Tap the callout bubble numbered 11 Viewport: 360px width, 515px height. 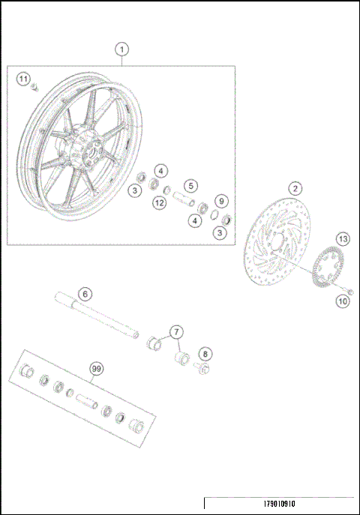[23, 79]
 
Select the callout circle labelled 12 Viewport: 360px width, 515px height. [159, 202]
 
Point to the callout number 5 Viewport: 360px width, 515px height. [192, 185]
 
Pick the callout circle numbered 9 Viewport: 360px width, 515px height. [220, 201]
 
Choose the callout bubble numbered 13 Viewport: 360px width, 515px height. [342, 239]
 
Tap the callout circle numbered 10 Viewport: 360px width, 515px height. [342, 302]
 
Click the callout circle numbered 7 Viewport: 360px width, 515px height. [175, 331]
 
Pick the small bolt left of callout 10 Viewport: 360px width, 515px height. [349, 289]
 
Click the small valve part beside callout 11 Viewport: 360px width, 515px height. [34, 89]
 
